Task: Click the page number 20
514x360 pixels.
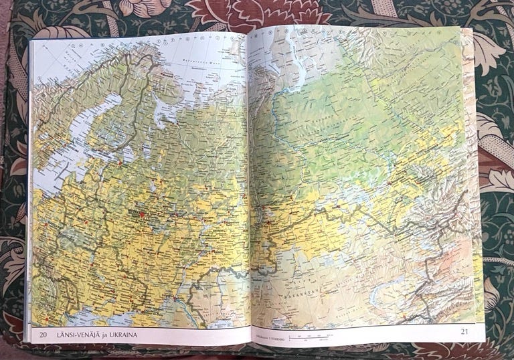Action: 43,334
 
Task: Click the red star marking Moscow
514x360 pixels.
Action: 142,215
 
